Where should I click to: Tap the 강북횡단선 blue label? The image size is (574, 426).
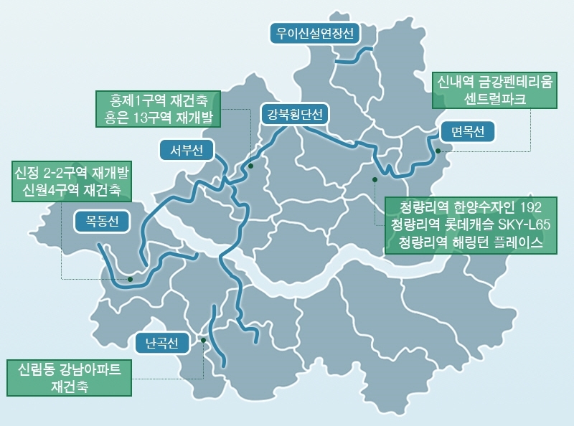tap(294, 114)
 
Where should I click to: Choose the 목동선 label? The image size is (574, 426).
tap(102, 221)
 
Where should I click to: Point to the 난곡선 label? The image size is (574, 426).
tap(161, 342)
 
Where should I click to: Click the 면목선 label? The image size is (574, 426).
tap(468, 132)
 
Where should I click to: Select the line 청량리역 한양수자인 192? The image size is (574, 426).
tap(470, 208)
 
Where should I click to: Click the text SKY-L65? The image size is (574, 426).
tap(522, 225)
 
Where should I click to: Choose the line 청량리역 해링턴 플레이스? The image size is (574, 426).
tap(470, 242)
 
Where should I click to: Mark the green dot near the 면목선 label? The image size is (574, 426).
tap(438, 151)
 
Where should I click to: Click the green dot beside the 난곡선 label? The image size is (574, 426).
tap(204, 340)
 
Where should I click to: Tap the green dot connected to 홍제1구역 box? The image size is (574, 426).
tap(251, 166)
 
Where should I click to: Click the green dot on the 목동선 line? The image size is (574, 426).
tap(130, 279)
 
